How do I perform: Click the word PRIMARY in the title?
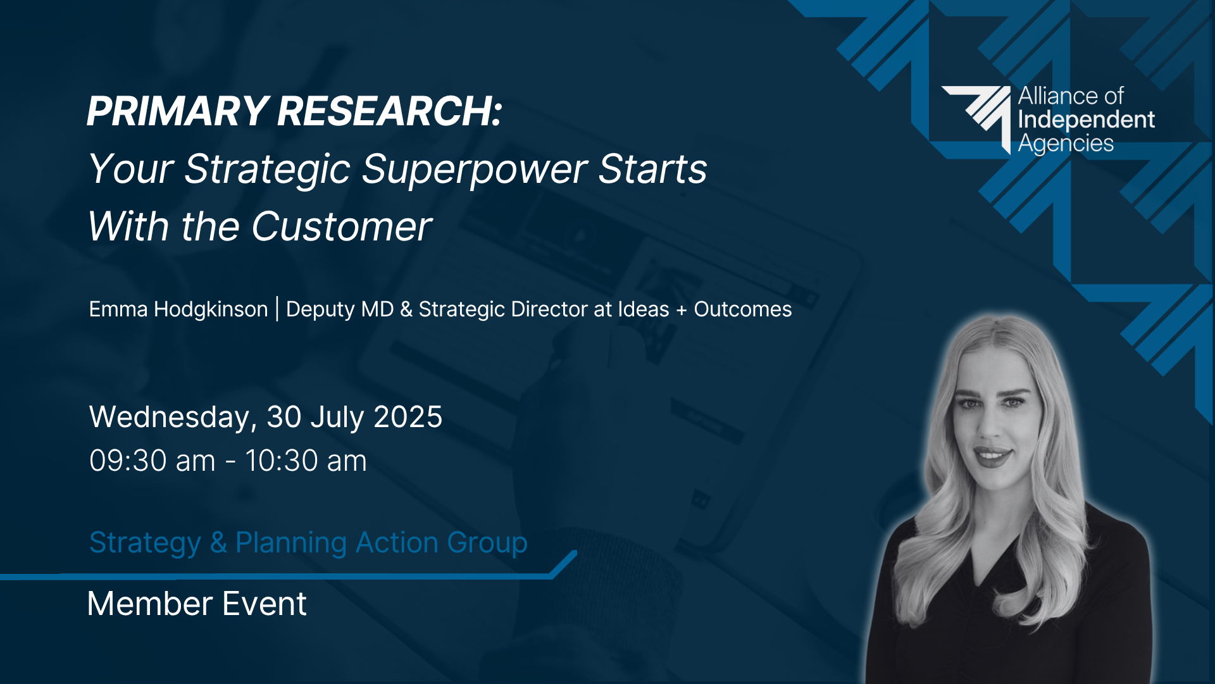[x=178, y=111]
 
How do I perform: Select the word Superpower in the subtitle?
[x=475, y=170]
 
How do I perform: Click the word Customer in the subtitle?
[x=342, y=227]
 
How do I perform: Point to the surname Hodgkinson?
[x=211, y=309]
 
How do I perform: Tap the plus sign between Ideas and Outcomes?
[x=682, y=310]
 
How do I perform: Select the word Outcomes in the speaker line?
[x=743, y=309]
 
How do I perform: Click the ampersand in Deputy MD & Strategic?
[x=406, y=309]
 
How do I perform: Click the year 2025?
[x=408, y=417]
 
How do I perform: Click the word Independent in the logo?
[x=1087, y=120]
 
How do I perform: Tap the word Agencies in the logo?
[x=1066, y=144]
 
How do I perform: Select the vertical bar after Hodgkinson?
[x=277, y=309]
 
